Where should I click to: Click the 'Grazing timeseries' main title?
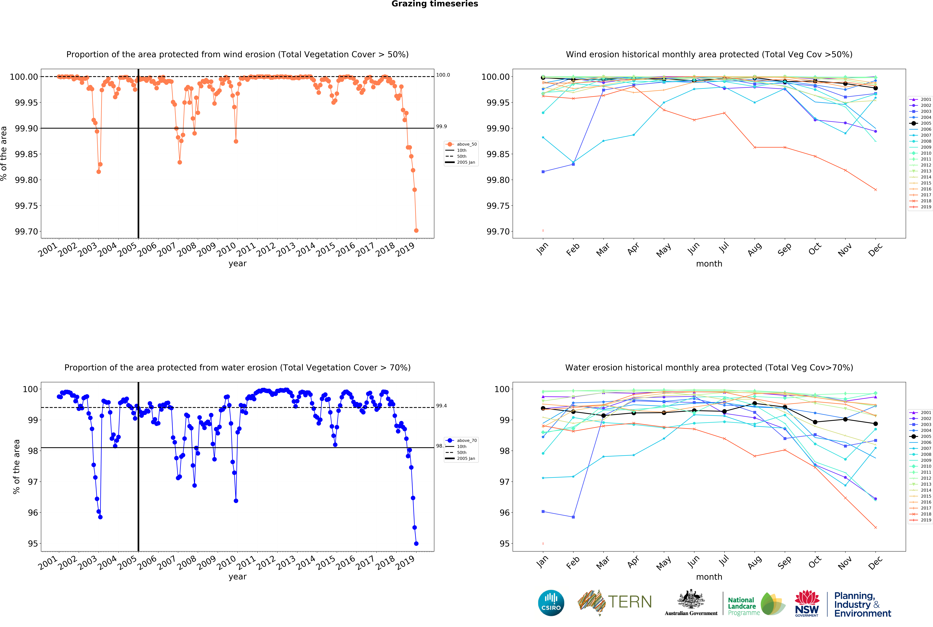click(x=435, y=4)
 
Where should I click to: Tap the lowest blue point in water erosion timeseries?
click(x=416, y=543)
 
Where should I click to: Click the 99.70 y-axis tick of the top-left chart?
click(x=27, y=231)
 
